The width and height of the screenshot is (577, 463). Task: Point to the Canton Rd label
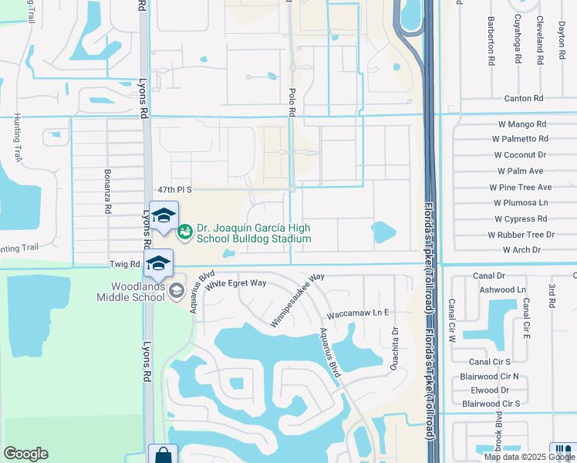click(x=524, y=99)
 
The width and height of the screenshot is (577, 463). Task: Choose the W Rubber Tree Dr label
click(x=521, y=235)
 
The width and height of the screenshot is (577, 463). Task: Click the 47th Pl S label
click(x=174, y=189)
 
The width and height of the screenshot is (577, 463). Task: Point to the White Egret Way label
click(x=235, y=283)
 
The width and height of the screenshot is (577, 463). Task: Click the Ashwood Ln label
click(x=502, y=289)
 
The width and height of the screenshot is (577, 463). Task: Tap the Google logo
click(x=25, y=454)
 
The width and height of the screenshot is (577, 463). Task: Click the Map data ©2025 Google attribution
click(x=528, y=457)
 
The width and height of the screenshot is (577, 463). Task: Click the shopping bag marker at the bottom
click(x=163, y=455)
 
